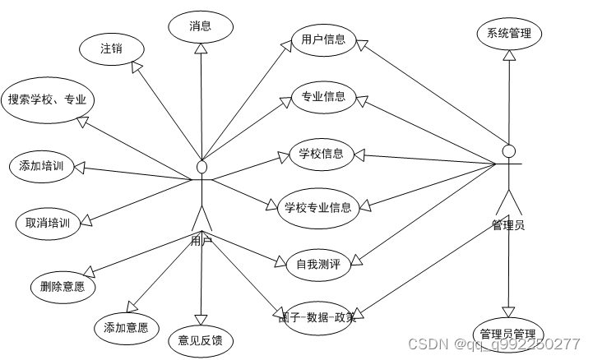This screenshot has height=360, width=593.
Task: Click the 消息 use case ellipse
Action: [201, 26]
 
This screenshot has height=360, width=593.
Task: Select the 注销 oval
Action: [112, 48]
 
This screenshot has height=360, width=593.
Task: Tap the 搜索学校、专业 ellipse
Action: [48, 100]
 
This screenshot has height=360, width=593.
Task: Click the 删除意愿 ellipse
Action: [62, 286]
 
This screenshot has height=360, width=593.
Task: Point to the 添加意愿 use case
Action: [126, 328]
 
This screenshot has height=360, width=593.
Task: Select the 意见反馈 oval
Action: [201, 339]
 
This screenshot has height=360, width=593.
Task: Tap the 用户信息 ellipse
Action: [323, 39]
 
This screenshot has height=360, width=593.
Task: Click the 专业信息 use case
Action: [323, 97]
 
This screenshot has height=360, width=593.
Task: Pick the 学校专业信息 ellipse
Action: [318, 207]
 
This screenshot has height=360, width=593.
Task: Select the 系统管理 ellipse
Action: [509, 34]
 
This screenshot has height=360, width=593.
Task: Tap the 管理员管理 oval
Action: [507, 334]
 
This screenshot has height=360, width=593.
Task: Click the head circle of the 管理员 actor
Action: [509, 150]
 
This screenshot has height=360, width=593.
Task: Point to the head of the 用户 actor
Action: [202, 168]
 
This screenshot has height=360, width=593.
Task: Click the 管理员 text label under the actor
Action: [508, 224]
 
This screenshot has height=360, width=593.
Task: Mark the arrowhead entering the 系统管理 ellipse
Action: [509, 56]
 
